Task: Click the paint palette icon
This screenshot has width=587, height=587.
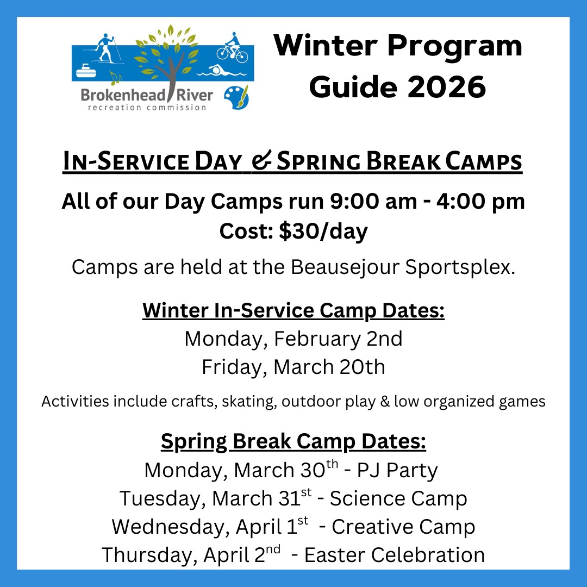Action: click(236, 97)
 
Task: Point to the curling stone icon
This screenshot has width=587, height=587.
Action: click(86, 70)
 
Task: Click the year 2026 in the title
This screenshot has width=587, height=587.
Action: click(447, 87)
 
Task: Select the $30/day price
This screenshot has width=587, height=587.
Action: click(323, 231)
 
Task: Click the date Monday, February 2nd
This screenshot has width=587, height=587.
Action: click(293, 339)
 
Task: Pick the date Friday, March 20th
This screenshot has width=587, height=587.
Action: click(293, 367)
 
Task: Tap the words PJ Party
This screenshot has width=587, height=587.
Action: click(397, 471)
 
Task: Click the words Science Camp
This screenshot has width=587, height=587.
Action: click(398, 498)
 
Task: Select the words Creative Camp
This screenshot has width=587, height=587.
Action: click(403, 527)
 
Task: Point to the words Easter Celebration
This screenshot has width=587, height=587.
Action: click(395, 555)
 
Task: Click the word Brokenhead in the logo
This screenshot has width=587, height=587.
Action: click(123, 95)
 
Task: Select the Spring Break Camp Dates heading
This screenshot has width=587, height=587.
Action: click(293, 442)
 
